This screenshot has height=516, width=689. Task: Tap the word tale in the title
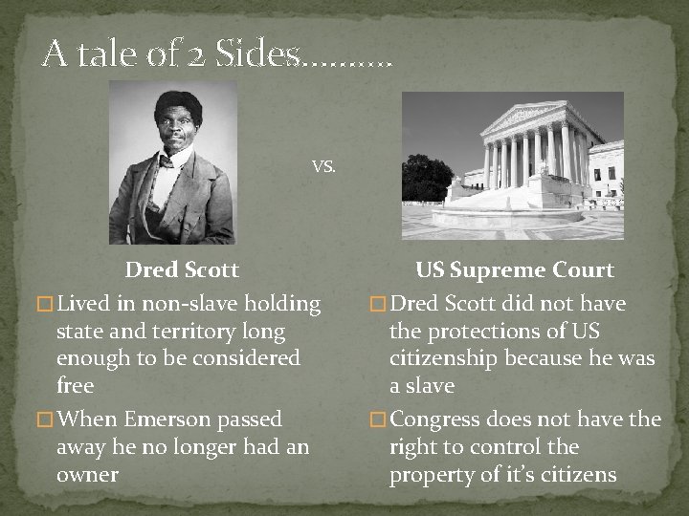[100, 54]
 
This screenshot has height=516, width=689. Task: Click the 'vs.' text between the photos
[324, 165]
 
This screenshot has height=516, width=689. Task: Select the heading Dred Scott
[182, 270]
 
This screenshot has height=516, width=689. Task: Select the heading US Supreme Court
[514, 270]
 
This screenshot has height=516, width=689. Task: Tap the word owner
[87, 475]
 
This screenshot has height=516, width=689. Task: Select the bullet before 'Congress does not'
[378, 420]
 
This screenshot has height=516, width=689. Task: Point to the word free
[76, 386]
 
